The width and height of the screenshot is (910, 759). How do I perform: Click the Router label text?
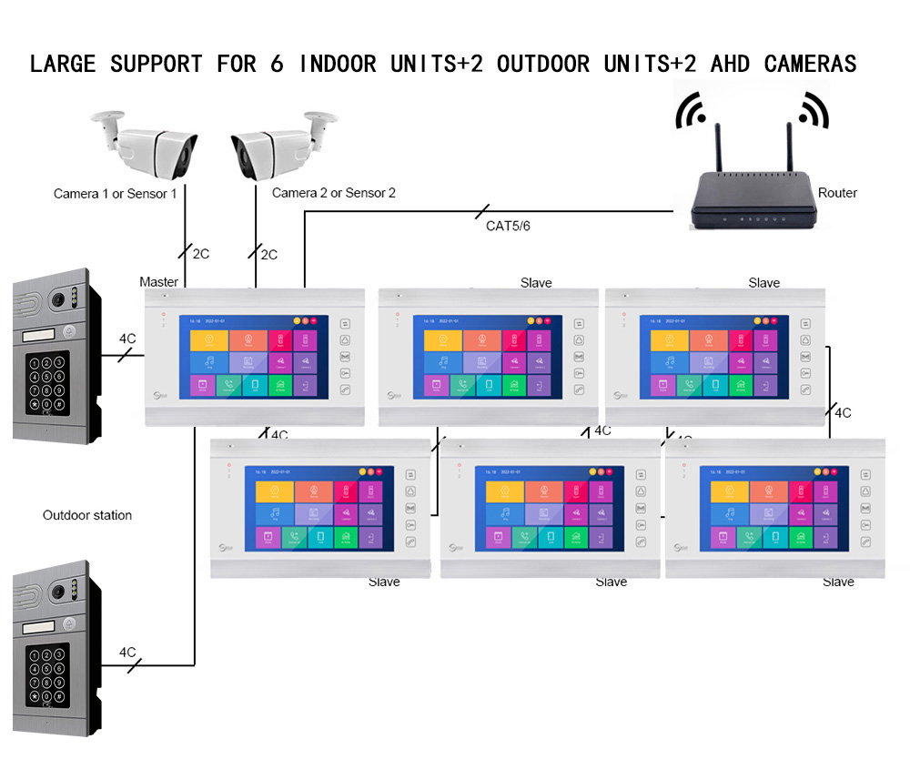837,193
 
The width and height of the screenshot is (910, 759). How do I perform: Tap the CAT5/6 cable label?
508,226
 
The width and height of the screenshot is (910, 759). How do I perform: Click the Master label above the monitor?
158,282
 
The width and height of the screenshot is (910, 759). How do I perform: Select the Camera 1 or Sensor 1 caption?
116,194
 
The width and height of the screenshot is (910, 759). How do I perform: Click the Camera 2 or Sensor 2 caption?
334,193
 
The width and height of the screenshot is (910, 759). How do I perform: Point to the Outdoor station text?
87,515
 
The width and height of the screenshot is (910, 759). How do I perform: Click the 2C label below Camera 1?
199,254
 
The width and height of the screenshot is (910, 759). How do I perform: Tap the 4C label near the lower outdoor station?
127,653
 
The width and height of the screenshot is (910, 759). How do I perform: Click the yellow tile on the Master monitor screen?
208,340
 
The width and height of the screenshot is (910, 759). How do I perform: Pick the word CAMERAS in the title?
810,64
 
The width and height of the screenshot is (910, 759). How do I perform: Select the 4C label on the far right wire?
843,412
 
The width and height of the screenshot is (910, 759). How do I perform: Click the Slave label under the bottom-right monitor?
838,582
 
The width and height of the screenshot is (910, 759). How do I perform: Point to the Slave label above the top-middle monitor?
536,283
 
